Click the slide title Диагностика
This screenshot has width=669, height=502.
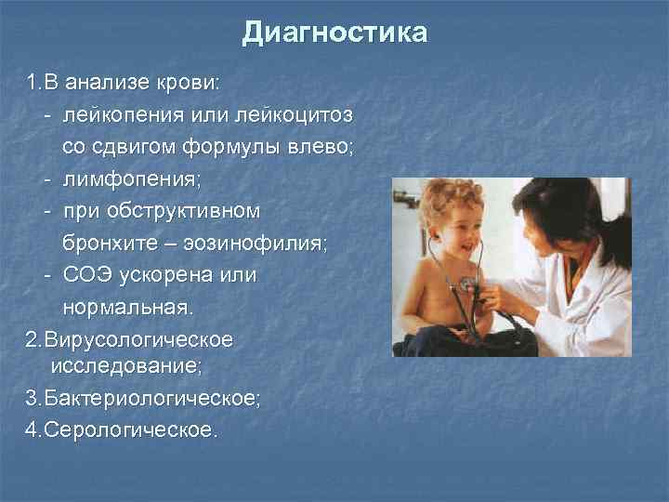(334, 33)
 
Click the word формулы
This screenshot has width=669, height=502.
(233, 147)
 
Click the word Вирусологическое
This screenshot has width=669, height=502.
(129, 338)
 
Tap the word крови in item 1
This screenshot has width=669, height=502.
(191, 83)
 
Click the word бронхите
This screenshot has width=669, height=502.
(110, 243)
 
